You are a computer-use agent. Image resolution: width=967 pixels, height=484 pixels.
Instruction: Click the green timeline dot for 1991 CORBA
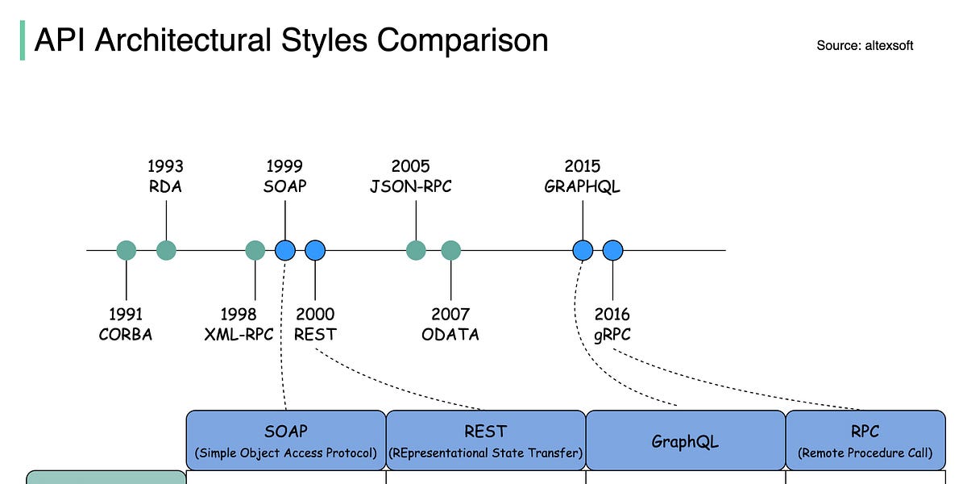(127, 251)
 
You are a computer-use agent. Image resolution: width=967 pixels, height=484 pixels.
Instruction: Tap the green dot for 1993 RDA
(166, 251)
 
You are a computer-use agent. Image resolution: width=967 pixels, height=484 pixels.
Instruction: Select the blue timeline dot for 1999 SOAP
(285, 251)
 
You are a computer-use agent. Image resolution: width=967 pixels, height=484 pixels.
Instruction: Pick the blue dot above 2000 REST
(315, 251)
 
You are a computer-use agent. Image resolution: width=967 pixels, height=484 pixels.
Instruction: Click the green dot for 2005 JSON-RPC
(416, 251)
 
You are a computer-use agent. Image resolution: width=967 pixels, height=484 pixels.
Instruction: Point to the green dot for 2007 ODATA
(450, 251)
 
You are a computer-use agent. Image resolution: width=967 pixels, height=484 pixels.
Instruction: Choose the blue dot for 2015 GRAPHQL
(583, 251)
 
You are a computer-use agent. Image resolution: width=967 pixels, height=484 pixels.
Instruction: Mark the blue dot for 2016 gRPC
(613, 251)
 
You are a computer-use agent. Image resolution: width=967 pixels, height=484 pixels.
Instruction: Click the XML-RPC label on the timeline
(239, 334)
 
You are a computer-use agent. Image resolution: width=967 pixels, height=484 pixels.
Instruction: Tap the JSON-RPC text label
(411, 186)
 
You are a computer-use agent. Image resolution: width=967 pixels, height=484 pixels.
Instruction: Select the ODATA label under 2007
(450, 334)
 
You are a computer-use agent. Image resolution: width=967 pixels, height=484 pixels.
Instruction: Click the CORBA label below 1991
(126, 334)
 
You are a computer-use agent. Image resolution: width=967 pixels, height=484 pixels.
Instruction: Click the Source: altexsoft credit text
(865, 45)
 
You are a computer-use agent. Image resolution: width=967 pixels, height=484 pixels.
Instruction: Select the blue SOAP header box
(286, 440)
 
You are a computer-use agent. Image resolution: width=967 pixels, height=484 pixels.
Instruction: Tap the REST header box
(486, 440)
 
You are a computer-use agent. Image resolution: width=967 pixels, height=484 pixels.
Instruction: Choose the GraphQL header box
(685, 440)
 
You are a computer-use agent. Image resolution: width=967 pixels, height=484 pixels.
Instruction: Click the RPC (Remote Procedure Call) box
(865, 440)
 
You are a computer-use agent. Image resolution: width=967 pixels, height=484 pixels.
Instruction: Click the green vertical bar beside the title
(22, 40)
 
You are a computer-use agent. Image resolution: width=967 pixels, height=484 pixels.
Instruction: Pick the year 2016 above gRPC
(612, 314)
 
